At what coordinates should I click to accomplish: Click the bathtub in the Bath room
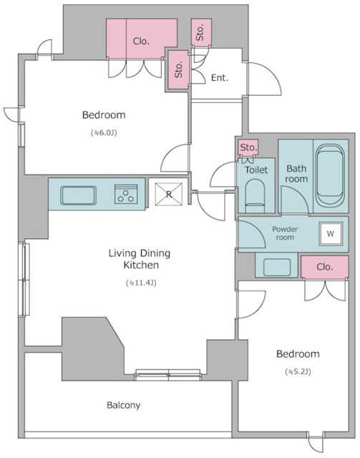331,176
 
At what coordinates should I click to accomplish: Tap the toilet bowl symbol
255,195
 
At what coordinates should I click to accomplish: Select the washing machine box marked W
331,234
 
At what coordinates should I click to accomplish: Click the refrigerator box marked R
169,194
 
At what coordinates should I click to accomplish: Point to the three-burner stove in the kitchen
126,194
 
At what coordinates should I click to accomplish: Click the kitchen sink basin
78,195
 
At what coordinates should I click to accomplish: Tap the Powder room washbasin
277,267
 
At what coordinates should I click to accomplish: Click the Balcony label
123,405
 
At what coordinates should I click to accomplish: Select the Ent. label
220,78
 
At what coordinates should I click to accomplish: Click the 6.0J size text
104,133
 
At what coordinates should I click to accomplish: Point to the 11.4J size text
141,283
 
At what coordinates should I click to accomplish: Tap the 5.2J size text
298,371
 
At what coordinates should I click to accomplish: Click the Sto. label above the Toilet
248,147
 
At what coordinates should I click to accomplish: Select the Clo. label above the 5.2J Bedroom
324,267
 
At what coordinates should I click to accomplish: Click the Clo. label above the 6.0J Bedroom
141,42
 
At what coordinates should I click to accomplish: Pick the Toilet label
256,170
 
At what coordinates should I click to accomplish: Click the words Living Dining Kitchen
140,259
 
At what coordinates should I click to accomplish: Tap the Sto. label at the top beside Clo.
200,32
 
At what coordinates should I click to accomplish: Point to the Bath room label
296,173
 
